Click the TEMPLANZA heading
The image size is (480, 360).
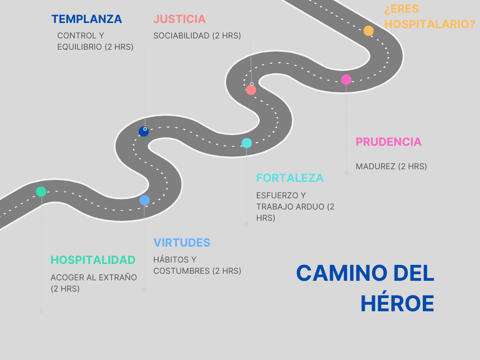point(87,19)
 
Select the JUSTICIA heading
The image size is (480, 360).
point(180,19)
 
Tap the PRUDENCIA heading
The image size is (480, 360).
point(389,142)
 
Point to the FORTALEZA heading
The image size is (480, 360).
point(290,178)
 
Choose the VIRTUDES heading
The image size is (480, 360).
point(182,243)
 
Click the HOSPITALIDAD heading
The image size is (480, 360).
point(93,260)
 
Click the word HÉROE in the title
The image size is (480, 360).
point(397,304)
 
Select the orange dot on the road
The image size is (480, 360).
point(368,31)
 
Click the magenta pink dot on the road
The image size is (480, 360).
point(346,80)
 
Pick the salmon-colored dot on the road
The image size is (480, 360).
point(251,90)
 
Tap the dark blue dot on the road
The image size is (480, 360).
point(143,132)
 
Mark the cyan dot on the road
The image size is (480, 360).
point(247,143)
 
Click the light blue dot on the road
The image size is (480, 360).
point(144,200)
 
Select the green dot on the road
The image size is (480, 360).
point(41,191)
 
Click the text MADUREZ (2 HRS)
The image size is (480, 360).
point(391,166)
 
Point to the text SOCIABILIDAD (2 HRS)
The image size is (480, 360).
point(197,36)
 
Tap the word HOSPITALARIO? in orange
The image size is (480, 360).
point(430,24)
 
